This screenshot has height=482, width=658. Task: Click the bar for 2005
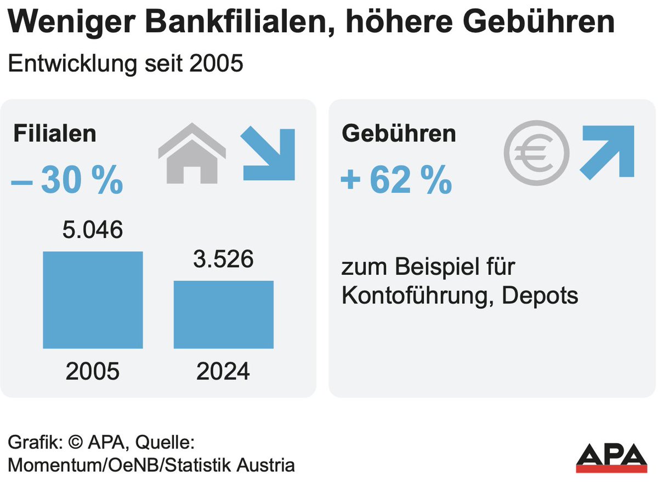pyautogui.click(x=93, y=300)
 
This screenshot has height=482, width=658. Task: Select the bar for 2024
pyautogui.click(x=224, y=315)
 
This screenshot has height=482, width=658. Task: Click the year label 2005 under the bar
pyautogui.click(x=93, y=372)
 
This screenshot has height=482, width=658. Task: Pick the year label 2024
pyautogui.click(x=223, y=372)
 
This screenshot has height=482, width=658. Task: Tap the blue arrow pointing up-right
pyautogui.click(x=607, y=152)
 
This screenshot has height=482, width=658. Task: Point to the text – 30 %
pyautogui.click(x=67, y=182)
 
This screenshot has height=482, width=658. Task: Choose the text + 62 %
pyautogui.click(x=396, y=182)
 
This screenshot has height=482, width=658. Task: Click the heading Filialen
pyautogui.click(x=55, y=134)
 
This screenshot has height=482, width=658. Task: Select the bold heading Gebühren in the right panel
pyautogui.click(x=399, y=134)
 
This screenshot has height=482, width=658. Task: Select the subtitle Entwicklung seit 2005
pyautogui.click(x=125, y=64)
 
